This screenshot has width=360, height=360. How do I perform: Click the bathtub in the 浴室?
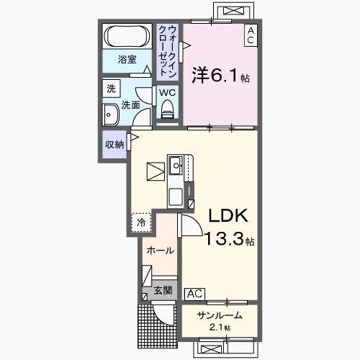(x=127, y=37)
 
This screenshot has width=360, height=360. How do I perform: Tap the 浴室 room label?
(x=127, y=59)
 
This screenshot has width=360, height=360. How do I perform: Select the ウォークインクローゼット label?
(x=168, y=51)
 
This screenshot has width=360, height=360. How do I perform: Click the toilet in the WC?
(x=167, y=109)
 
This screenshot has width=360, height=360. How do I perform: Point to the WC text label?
(x=167, y=93)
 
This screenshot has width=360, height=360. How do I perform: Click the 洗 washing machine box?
(x=111, y=89)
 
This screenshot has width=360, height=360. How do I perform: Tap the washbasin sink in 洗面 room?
(x=111, y=115)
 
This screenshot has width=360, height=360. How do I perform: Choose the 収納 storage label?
(x=114, y=145)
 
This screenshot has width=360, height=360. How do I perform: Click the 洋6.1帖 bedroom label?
(x=220, y=75)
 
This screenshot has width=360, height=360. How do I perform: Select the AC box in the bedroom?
(x=251, y=35)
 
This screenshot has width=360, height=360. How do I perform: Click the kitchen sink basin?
(x=176, y=165)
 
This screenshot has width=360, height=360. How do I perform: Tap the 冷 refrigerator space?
(x=141, y=222)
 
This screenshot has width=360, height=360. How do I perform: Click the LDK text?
(x=228, y=215)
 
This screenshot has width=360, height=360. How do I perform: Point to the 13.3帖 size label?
(x=230, y=239)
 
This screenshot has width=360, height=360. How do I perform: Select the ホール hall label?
(x=161, y=251)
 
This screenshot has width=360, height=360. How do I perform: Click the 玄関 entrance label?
(x=163, y=290)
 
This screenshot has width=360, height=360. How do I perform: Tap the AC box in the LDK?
(x=194, y=294)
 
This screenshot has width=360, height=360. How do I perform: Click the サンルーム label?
(x=220, y=315)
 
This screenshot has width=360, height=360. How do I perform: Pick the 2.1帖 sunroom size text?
(x=220, y=328)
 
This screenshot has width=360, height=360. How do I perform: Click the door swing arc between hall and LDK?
(x=197, y=222)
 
